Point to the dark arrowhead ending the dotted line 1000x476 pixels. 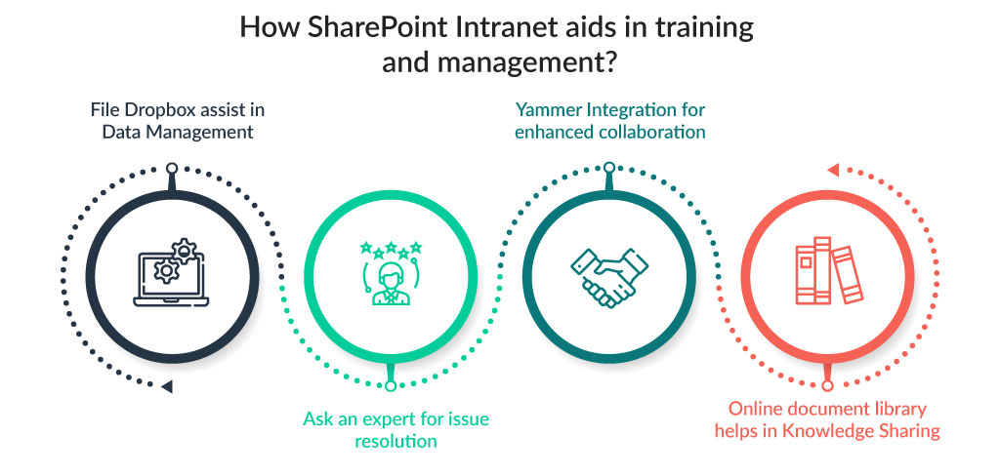click(x=167, y=387)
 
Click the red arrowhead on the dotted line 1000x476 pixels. click(x=832, y=171)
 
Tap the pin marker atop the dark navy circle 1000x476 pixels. click(x=172, y=169)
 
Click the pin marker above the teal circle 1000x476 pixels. click(x=608, y=169)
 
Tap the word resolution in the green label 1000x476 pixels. click(x=396, y=442)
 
